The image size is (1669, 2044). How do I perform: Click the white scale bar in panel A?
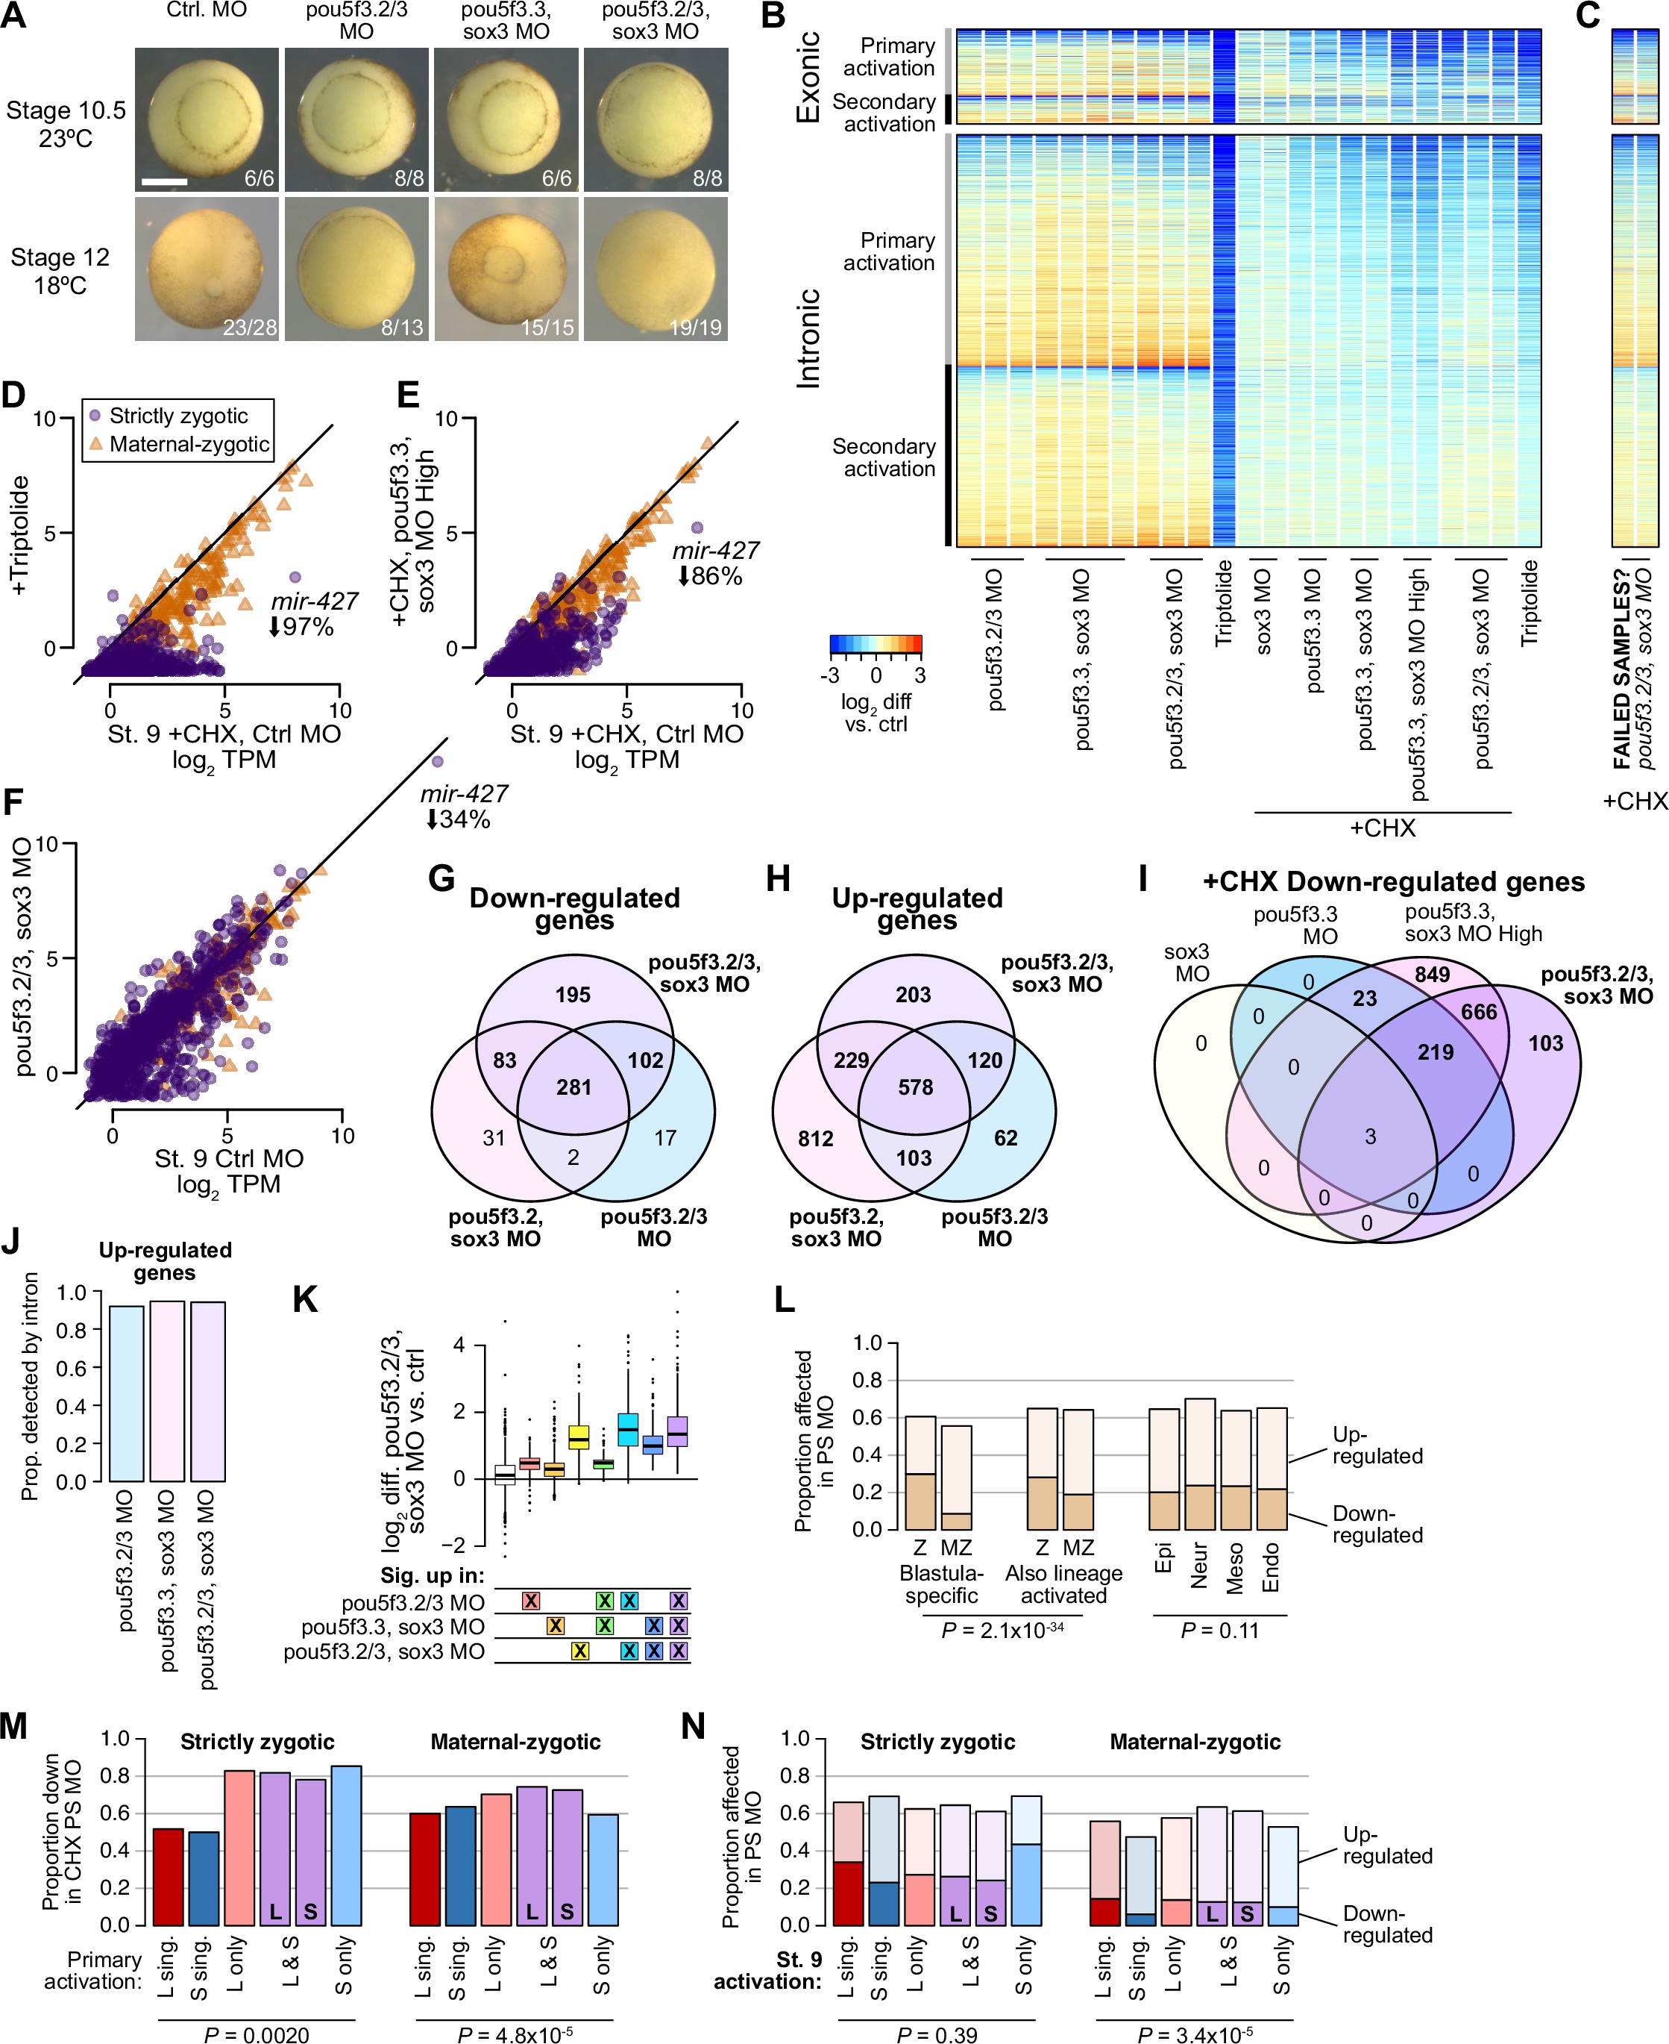[164, 181]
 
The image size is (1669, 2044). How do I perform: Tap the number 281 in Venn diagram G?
[574, 1087]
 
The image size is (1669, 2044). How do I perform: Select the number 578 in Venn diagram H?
[915, 1087]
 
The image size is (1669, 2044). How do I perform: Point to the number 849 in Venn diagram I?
[1432, 975]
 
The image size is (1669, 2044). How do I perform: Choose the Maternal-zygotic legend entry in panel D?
[189, 443]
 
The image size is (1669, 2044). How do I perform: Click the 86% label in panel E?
[711, 576]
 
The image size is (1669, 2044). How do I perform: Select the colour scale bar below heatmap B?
[875, 645]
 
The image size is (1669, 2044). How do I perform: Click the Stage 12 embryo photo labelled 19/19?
[656, 269]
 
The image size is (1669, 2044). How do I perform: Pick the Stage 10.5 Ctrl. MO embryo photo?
[207, 119]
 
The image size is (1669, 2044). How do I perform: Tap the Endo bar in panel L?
[1271, 1468]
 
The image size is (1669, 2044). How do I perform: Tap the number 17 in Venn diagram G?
[664, 1138]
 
